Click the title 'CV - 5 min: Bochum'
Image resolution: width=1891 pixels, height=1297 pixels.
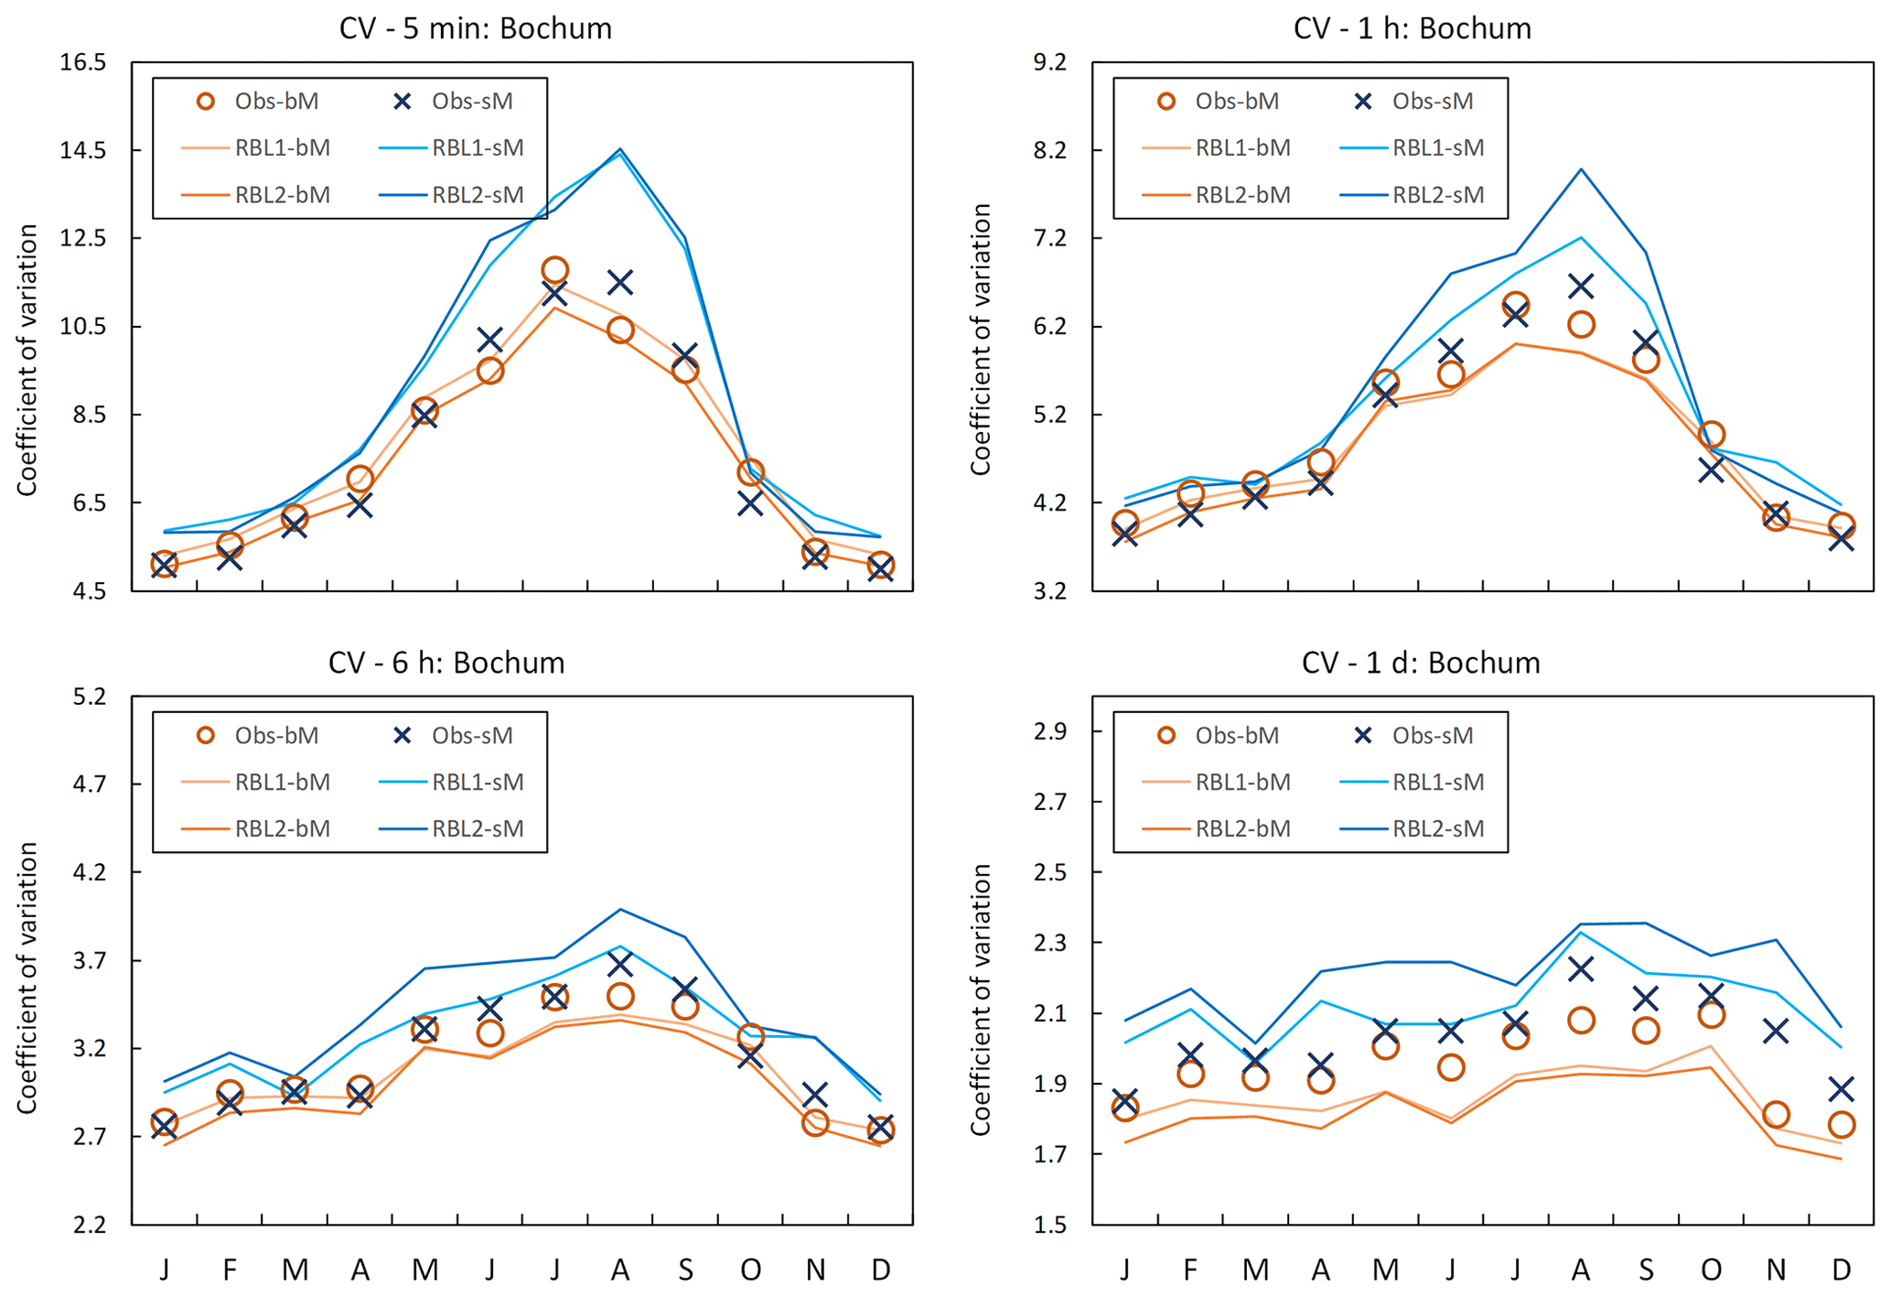pos(475,28)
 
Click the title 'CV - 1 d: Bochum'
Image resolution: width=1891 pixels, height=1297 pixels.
pos(1420,663)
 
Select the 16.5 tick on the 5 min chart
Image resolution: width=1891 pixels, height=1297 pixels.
pos(83,62)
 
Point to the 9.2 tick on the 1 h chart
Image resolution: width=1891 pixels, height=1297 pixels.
pos(1049,62)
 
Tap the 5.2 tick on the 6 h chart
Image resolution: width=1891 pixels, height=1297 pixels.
pos(89,697)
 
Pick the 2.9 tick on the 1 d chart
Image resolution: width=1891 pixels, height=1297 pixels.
pos(1049,731)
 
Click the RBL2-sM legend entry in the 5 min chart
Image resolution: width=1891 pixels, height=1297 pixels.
pos(452,195)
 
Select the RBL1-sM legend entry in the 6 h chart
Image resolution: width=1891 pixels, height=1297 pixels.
pos(452,783)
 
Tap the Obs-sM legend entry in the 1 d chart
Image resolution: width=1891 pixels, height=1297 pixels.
pos(1414,736)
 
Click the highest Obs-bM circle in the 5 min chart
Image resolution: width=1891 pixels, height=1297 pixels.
pos(554,270)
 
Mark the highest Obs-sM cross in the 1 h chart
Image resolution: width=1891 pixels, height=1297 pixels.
pos(1580,287)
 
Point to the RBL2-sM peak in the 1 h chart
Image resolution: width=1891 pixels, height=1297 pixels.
pos(1580,169)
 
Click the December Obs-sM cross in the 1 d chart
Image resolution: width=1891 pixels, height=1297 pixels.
pos(1841,1089)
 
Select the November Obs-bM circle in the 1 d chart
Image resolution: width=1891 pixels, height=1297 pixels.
pos(1776,1115)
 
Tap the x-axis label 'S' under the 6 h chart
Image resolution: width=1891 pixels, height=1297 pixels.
pos(685,1270)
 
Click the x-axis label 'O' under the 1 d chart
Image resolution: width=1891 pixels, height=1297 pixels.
pos(1710,1270)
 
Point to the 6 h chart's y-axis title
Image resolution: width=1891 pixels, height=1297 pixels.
pos(27,978)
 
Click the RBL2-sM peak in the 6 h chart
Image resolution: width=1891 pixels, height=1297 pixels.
pos(620,909)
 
